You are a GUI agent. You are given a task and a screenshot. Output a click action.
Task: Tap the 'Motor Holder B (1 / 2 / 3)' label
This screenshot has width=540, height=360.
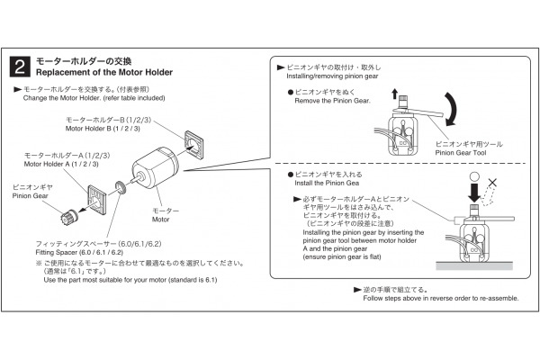[103, 129]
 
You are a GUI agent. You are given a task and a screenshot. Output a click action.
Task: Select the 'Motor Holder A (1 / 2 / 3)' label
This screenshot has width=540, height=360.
[67, 164]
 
